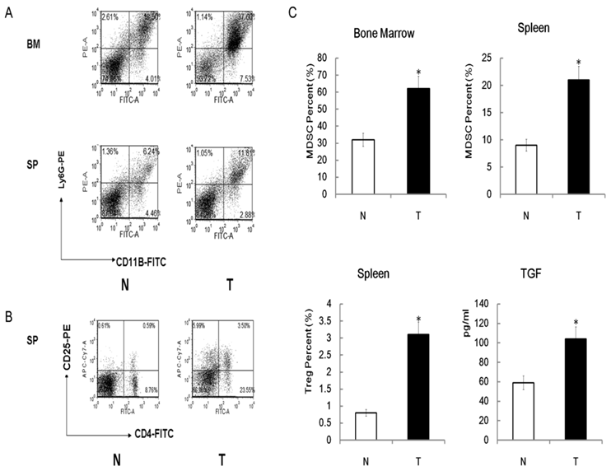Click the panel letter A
(x=7, y=9)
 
